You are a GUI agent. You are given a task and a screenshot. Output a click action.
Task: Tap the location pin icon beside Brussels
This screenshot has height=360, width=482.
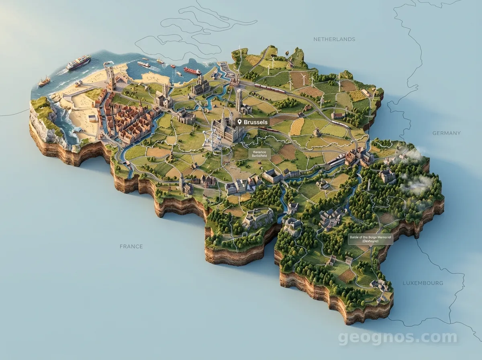point(239,122)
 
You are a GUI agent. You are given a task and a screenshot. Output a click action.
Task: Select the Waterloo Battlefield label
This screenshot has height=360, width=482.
point(259,153)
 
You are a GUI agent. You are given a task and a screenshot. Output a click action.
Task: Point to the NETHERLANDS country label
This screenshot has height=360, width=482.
point(334,39)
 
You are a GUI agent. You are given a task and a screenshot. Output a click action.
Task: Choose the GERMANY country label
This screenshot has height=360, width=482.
point(446,133)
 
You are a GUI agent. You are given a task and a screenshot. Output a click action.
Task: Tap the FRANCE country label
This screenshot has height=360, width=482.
point(131,246)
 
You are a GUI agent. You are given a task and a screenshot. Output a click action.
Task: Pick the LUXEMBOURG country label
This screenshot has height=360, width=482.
point(423,283)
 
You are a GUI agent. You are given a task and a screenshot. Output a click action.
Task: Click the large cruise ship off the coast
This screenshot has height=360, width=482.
point(79,62)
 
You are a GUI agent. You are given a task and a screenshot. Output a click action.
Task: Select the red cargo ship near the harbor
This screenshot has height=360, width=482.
point(192,71)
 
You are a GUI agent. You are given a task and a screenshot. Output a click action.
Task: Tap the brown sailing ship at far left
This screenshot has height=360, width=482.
point(44,82)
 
